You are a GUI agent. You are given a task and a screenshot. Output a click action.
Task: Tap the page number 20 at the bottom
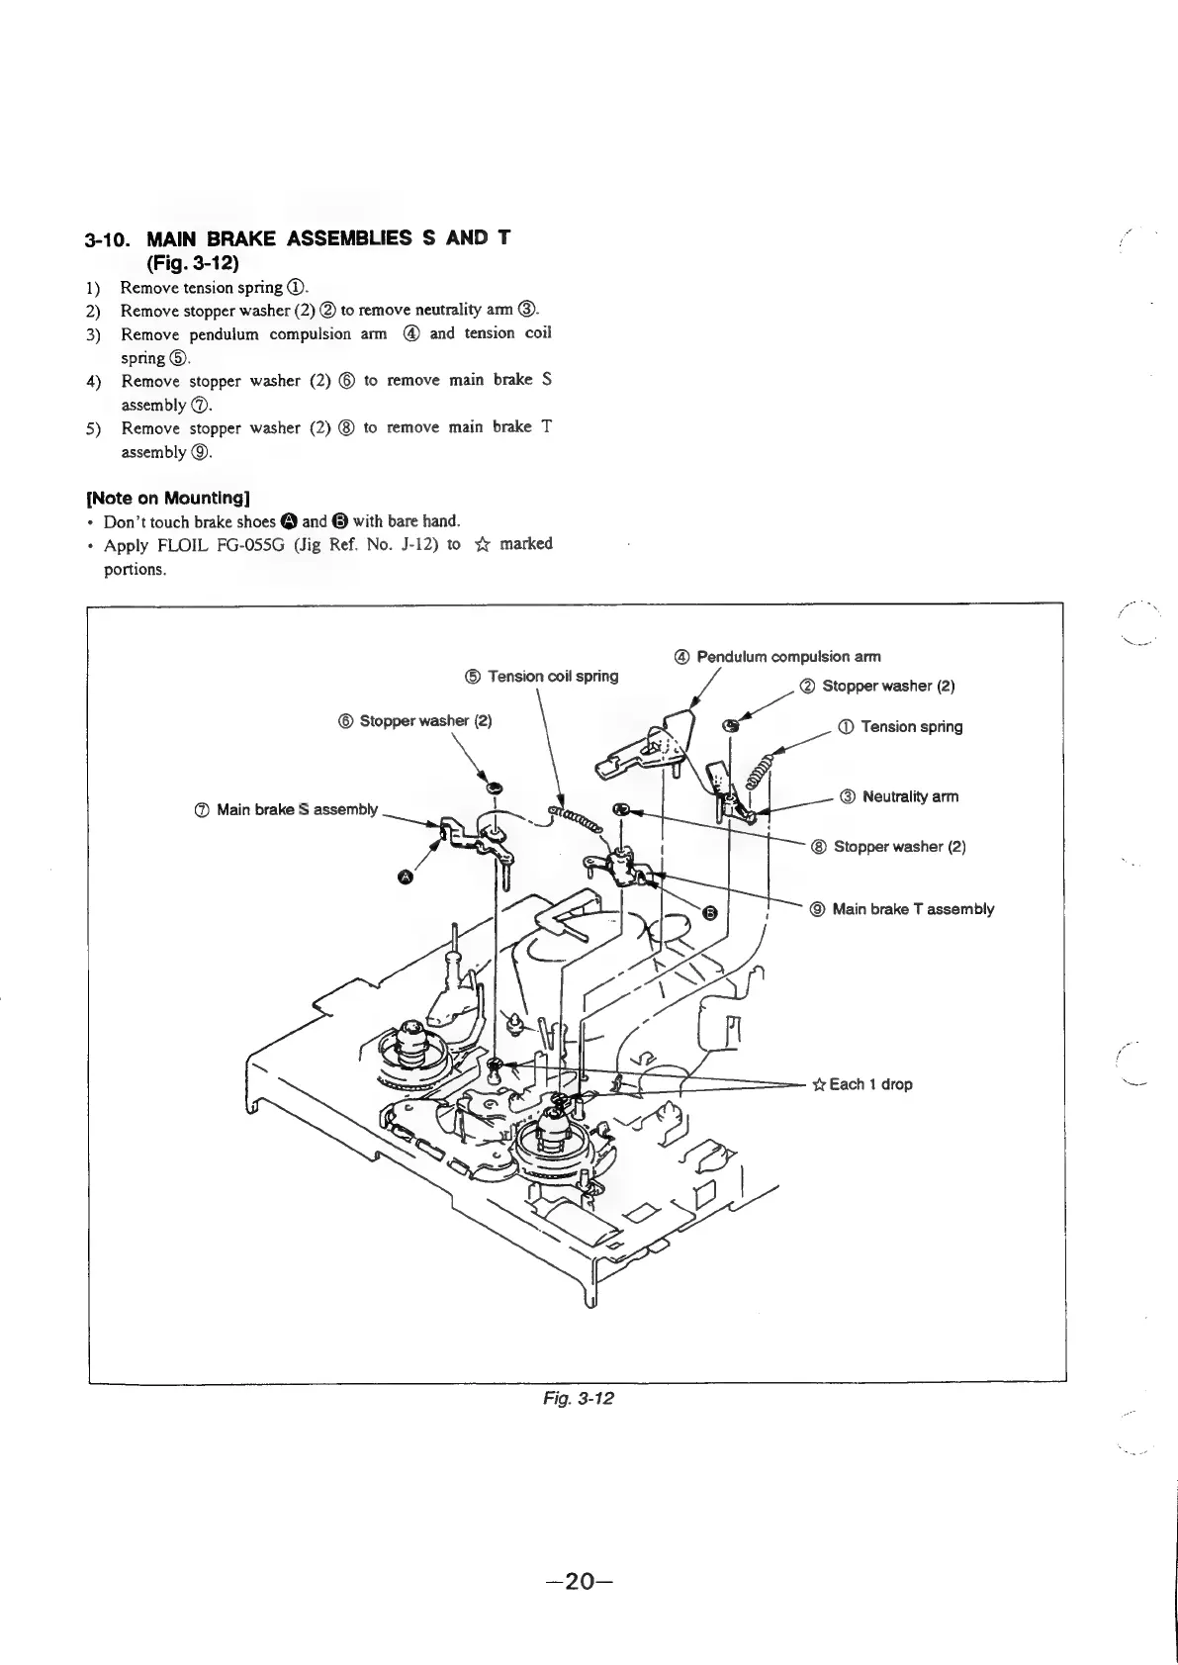(x=581, y=1581)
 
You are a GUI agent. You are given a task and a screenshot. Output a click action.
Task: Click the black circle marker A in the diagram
(x=405, y=876)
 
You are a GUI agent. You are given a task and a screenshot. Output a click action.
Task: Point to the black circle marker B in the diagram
(x=708, y=912)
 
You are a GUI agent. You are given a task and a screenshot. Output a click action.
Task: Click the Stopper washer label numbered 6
(x=416, y=720)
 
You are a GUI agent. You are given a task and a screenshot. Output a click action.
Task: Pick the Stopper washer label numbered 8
(x=889, y=847)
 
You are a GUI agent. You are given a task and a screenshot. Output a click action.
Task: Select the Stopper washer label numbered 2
(x=878, y=687)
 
